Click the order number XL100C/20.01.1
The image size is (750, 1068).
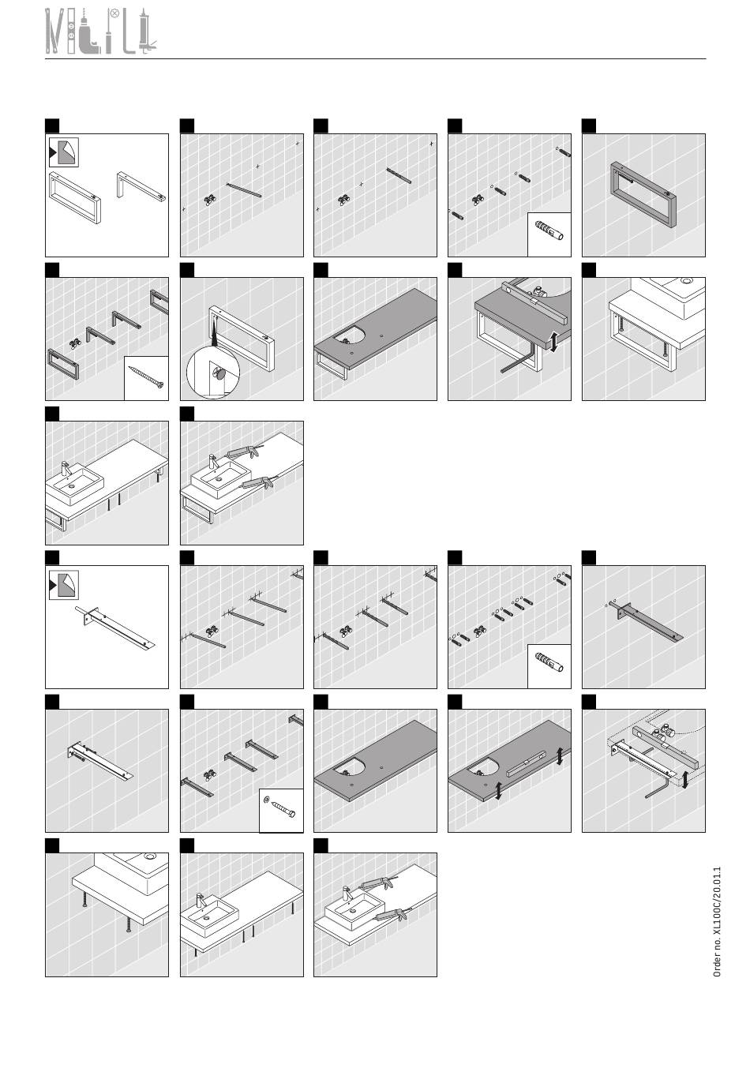717,922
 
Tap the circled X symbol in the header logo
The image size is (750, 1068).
114,14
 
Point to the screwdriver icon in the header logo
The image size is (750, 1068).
109,35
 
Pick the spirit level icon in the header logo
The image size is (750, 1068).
70,31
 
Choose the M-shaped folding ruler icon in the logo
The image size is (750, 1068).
54,31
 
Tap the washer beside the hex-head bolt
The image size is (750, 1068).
266,798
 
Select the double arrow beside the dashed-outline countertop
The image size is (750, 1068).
685,779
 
